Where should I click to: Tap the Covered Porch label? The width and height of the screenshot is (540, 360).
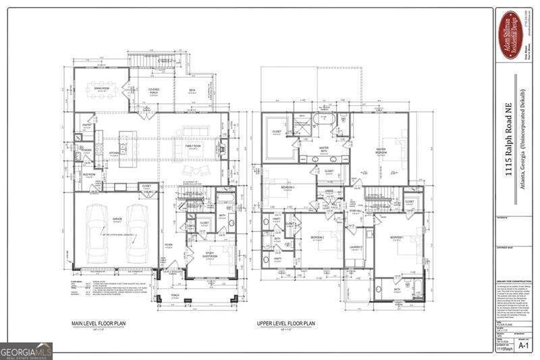154,91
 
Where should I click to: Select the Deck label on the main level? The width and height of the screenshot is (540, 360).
191,91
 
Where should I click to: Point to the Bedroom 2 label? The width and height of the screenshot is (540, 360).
317,238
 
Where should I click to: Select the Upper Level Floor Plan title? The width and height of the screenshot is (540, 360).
286,324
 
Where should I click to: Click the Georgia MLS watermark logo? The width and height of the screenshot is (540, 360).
26,351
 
